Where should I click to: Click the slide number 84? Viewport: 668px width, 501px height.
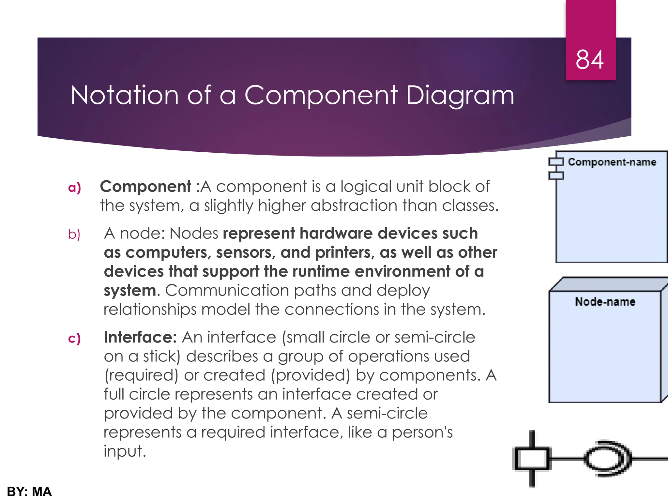click(589, 60)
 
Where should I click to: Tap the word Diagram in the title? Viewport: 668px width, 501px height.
click(460, 96)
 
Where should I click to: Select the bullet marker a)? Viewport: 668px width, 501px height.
click(74, 188)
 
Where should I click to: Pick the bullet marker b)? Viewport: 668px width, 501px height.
click(74, 235)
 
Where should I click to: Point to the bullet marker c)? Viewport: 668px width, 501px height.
click(74, 338)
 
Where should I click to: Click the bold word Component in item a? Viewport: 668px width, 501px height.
click(145, 187)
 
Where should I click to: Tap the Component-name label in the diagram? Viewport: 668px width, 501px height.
click(612, 162)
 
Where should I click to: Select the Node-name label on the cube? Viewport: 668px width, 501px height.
click(605, 302)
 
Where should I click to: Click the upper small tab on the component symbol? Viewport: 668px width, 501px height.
click(556, 162)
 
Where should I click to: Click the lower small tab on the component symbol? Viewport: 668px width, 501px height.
click(556, 176)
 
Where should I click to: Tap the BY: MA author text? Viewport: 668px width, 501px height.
click(29, 492)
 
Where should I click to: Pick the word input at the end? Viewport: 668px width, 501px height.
click(124, 452)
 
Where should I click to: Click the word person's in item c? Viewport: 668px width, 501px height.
click(422, 433)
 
